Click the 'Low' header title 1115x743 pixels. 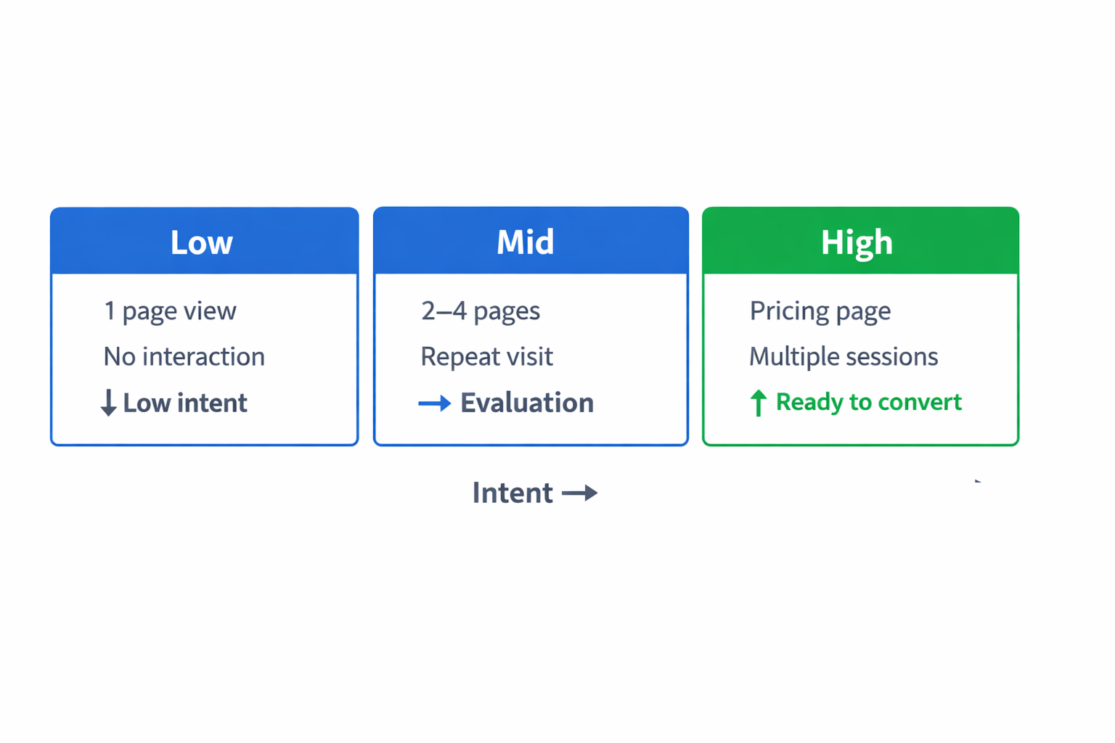tap(201, 242)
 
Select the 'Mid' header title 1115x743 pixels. tap(525, 242)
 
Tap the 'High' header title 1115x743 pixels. tap(857, 242)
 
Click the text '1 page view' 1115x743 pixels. tap(170, 311)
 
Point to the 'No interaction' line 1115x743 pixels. tap(184, 357)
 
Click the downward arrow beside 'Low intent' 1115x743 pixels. tap(108, 403)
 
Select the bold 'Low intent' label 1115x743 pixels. tap(185, 403)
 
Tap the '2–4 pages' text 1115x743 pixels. tap(481, 311)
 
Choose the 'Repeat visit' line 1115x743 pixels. tap(486, 357)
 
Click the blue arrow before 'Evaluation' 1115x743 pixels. tap(435, 403)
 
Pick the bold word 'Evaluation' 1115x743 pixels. tap(527, 403)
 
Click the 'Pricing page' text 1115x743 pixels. tap(820, 311)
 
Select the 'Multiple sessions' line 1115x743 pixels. tap(844, 357)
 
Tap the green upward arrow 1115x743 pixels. tap(758, 403)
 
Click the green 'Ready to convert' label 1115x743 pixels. tap(868, 402)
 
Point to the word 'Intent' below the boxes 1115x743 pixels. tap(512, 493)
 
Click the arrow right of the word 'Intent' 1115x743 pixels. tap(580, 493)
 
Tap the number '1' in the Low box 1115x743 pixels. tap(110, 311)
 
